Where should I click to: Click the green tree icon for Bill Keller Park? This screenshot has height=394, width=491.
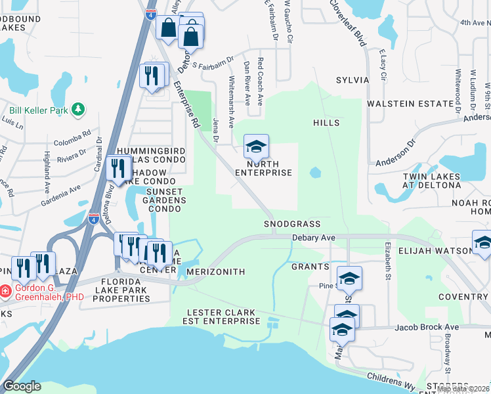point(78,108)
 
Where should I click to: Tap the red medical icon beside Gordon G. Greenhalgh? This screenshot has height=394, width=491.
point(5,290)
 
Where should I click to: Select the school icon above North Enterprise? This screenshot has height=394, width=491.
point(256,146)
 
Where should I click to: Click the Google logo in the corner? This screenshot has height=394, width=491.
point(22,386)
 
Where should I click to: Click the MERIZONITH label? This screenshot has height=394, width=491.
point(215,272)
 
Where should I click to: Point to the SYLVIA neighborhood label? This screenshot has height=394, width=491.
point(352,79)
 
